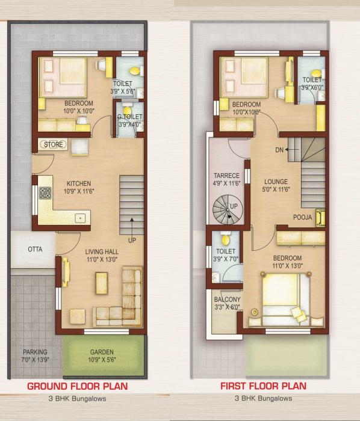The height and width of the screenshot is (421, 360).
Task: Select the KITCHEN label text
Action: (78, 183)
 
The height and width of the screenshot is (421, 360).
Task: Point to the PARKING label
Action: (35, 352)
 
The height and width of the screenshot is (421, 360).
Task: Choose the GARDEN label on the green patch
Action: (102, 352)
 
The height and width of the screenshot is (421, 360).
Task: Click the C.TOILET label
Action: (129, 117)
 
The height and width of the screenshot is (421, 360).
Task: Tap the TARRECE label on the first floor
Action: (226, 176)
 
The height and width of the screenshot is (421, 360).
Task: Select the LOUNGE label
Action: (276, 181)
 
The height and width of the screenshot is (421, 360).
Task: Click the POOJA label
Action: (303, 217)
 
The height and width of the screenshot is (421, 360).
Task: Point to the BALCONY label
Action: (227, 299)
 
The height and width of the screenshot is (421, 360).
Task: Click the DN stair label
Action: (279, 149)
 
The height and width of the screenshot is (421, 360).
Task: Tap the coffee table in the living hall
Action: (102, 283)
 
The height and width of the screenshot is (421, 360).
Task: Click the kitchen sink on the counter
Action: (78, 217)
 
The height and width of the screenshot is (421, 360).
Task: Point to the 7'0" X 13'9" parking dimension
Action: (35, 360)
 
